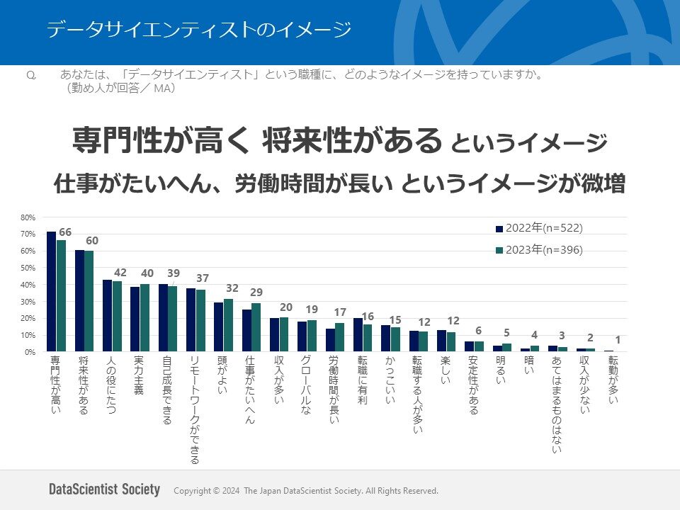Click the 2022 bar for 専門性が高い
51,292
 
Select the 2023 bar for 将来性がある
89,301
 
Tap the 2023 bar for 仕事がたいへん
256,327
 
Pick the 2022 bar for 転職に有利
358,335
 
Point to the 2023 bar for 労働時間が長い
339,337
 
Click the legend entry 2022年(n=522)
539,228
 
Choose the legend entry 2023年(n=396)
539,249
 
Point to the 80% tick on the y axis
28,217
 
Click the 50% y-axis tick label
28,268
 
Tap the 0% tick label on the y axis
29,352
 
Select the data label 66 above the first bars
65,232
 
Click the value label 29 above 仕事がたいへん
256,293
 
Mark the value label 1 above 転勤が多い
618,340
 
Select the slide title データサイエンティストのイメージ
198,30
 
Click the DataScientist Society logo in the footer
105,490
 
